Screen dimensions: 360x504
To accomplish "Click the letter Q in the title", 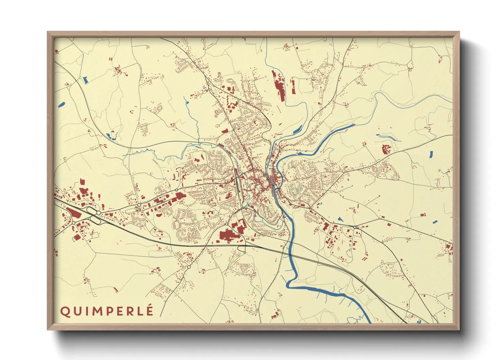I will click(64, 311).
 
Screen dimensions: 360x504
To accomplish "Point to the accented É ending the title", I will click(149, 311).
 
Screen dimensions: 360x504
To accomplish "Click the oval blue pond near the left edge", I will click(62, 104).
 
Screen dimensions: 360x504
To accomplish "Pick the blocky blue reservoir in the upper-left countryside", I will click(85, 80).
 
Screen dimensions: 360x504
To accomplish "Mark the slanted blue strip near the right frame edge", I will click(435, 222).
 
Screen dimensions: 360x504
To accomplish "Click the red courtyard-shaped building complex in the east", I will click(386, 149).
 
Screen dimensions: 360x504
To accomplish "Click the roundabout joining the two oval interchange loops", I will click(98, 213).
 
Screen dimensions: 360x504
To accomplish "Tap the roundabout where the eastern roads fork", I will click(355, 227).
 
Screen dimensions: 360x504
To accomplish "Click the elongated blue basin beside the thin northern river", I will click(298, 130).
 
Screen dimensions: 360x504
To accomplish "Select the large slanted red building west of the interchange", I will click(75, 213).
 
